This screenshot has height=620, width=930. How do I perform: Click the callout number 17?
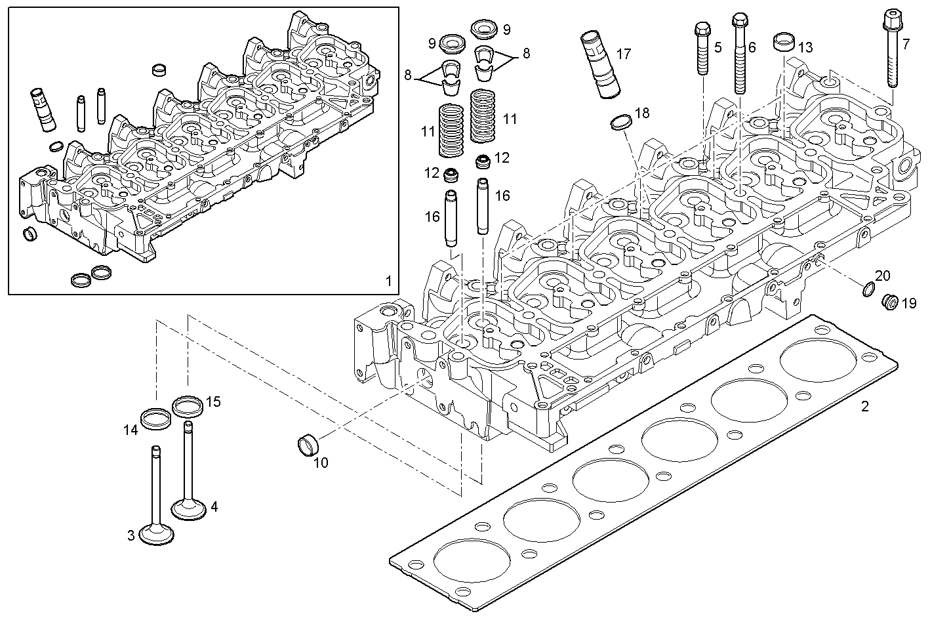click(624, 53)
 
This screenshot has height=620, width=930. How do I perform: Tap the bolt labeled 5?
click(701, 49)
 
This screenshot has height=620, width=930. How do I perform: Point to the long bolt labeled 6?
click(740, 52)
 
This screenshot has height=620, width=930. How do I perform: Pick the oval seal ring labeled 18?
click(621, 122)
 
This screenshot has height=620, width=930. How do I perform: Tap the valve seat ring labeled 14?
click(156, 418)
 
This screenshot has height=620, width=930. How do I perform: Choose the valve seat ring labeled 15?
click(187, 406)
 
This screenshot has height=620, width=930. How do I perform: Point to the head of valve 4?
click(188, 508)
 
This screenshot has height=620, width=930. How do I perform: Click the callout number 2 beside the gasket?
click(864, 407)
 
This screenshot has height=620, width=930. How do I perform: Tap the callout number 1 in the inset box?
click(388, 281)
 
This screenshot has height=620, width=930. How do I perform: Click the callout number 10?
click(321, 463)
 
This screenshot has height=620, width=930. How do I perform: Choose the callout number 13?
click(805, 47)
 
